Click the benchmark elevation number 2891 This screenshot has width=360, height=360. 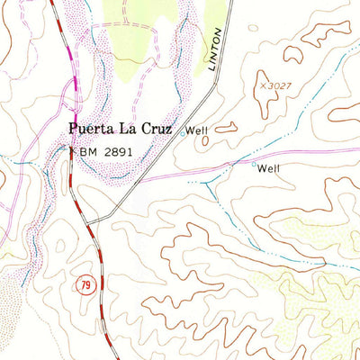[117, 152]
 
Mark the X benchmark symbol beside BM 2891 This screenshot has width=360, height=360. [73, 152]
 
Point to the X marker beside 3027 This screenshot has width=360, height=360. [265, 85]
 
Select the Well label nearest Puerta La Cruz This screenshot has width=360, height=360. [196, 130]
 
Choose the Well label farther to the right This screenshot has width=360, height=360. [269, 168]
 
